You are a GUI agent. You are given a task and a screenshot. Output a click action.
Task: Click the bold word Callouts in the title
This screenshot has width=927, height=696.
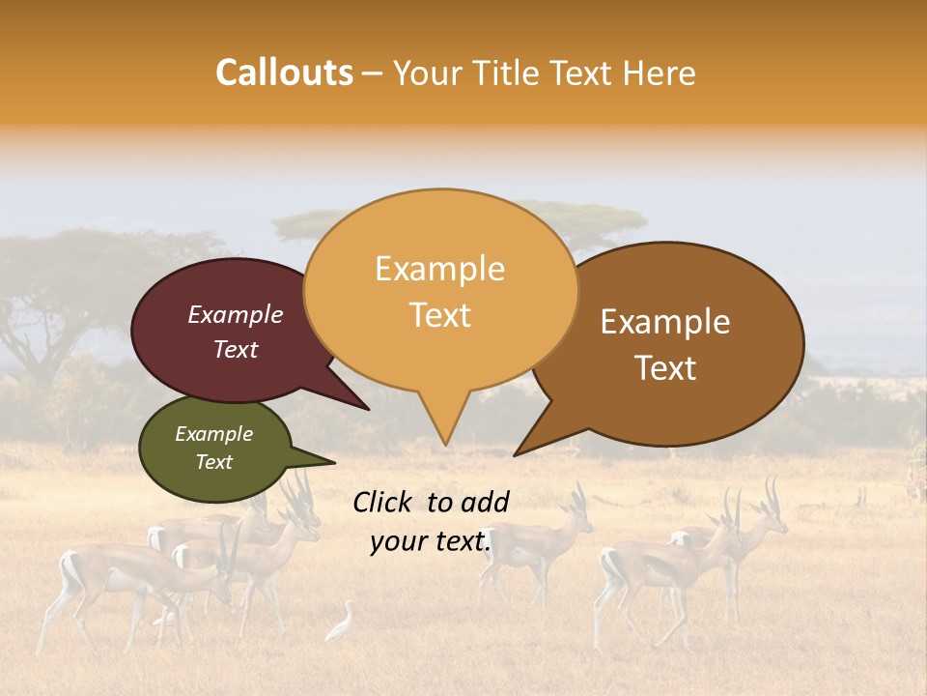coord(284,72)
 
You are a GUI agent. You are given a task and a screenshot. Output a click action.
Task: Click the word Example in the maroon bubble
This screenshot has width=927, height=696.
coord(236,314)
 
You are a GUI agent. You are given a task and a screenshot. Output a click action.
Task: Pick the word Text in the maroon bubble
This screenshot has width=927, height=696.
coord(236,349)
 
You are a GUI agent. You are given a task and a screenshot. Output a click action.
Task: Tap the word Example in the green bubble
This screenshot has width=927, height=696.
coord(213,434)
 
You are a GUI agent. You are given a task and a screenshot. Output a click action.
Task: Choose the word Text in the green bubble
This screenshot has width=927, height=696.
coord(213,462)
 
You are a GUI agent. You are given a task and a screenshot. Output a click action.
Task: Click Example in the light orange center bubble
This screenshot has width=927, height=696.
coord(439,268)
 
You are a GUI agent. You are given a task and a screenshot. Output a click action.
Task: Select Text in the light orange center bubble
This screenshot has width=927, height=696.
coord(439,314)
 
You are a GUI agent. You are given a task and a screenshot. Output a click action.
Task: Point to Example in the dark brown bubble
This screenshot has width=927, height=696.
coord(665,321)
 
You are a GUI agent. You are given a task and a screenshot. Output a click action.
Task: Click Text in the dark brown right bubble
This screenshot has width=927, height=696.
coord(665,367)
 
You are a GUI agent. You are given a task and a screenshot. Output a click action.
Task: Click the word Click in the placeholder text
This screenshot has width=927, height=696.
coord(386,502)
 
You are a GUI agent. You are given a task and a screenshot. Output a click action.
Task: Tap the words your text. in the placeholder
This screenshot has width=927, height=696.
coord(430,541)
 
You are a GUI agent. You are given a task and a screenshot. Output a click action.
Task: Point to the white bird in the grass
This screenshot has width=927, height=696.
coord(340,623)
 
